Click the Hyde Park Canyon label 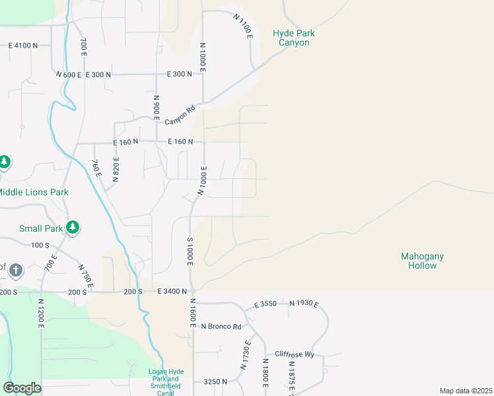(x=294, y=38)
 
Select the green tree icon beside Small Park (x=73, y=228)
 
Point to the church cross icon (x=16, y=270)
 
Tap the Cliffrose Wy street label (x=295, y=354)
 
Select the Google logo (x=22, y=388)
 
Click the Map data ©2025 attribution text (x=466, y=391)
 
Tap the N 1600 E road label (x=193, y=310)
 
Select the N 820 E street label (x=116, y=168)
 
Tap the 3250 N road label (x=215, y=381)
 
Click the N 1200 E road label (x=40, y=317)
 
